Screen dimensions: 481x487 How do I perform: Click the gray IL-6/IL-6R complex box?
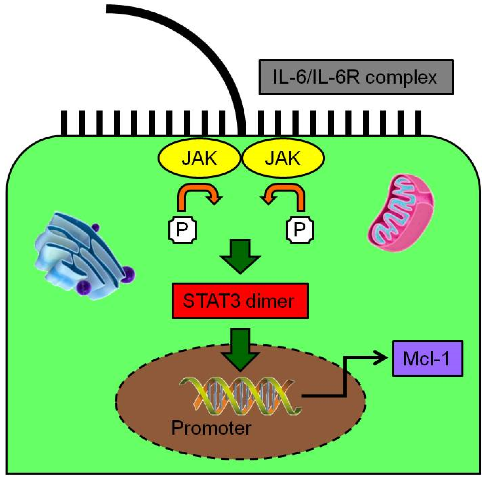356,77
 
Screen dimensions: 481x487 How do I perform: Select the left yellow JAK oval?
199,158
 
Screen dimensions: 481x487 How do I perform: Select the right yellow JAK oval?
283,158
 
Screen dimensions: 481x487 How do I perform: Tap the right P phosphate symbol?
300,230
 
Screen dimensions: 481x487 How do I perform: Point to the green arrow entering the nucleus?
240,349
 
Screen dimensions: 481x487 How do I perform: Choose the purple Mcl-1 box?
428,359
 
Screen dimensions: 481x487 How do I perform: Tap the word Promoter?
211,428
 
